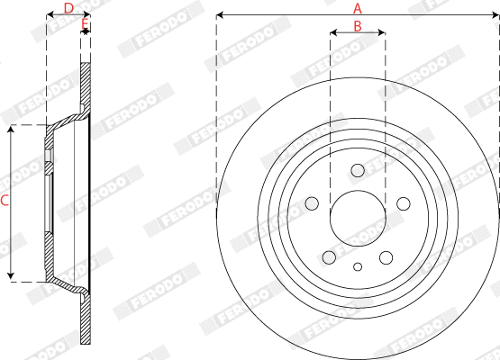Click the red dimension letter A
[x=358, y=8]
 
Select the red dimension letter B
[x=358, y=27]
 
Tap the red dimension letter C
[x=5, y=202]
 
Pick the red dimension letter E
[x=86, y=22]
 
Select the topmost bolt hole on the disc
[x=358, y=170]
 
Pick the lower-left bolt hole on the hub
[x=331, y=256]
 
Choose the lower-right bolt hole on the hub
[x=385, y=256]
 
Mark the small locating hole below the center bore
[x=358, y=265]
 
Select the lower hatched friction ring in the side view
[x=86, y=319]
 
